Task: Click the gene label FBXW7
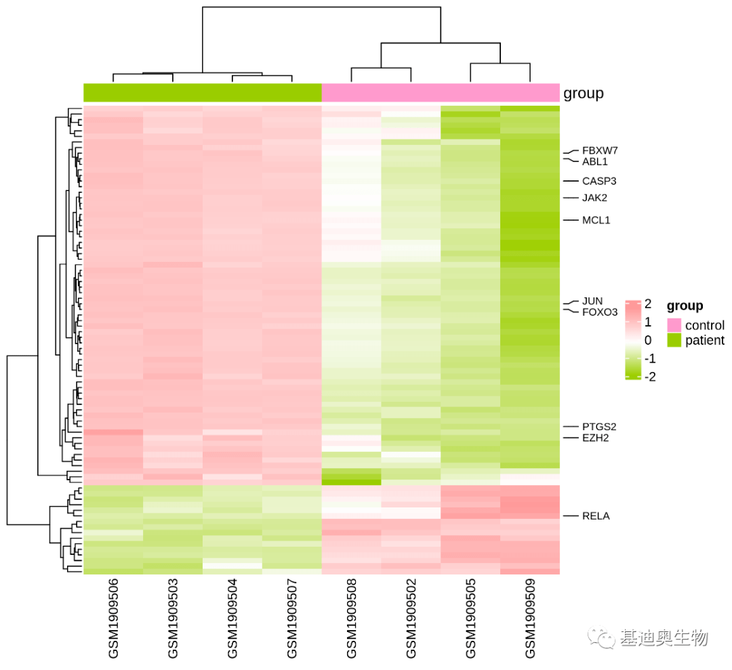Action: pyautogui.click(x=599, y=150)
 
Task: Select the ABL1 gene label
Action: pyautogui.click(x=595, y=162)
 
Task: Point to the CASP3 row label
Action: pyautogui.click(x=599, y=181)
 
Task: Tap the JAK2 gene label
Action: pyautogui.click(x=594, y=198)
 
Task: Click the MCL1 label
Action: pyautogui.click(x=596, y=220)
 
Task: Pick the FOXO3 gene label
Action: pyautogui.click(x=599, y=312)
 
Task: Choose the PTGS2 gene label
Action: pyautogui.click(x=599, y=427)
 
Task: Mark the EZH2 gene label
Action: pyautogui.click(x=595, y=438)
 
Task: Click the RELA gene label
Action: pyautogui.click(x=596, y=516)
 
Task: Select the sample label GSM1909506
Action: pyautogui.click(x=113, y=619)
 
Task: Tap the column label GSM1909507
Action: pyautogui.click(x=291, y=619)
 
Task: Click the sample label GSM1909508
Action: pyautogui.click(x=352, y=619)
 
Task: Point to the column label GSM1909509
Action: pyautogui.click(x=530, y=619)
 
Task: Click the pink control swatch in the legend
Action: pyautogui.click(x=674, y=325)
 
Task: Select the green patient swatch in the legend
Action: pyautogui.click(x=674, y=340)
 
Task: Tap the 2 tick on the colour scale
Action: pyautogui.click(x=648, y=303)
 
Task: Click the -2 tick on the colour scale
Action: pyautogui.click(x=650, y=377)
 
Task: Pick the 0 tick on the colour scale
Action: pyautogui.click(x=648, y=340)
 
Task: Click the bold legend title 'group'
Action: pyautogui.click(x=685, y=306)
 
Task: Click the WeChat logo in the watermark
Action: pyautogui.click(x=601, y=637)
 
